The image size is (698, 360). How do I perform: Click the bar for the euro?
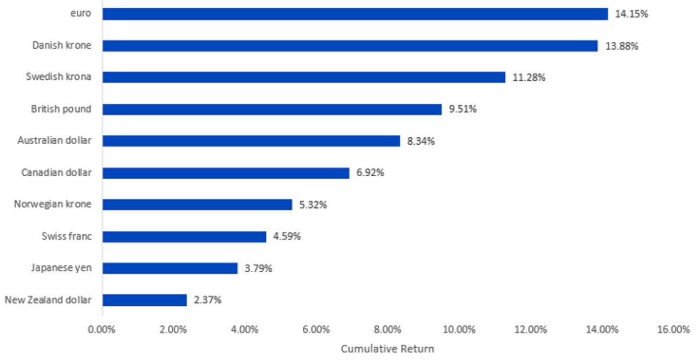[355, 14]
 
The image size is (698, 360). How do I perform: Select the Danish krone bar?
[350, 46]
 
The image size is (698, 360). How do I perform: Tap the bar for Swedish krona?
[304, 77]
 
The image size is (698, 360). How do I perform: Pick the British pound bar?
[272, 109]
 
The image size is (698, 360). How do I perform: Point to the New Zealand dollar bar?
[145, 300]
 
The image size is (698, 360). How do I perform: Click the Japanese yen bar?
[170, 268]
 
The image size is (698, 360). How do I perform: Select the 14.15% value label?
[631, 14]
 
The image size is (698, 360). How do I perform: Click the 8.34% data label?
[421, 141]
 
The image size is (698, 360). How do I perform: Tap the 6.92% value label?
[370, 173]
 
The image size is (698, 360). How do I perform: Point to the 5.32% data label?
[313, 205]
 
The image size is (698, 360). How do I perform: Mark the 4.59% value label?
[287, 237]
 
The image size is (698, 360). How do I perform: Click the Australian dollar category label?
[55, 141]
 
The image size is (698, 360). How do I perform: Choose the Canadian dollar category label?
[56, 172]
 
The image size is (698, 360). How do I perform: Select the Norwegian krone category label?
[53, 205]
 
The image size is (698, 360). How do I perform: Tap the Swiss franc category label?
[67, 236]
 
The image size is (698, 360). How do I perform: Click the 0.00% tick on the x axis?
[102, 330]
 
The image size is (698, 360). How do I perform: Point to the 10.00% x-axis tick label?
[459, 330]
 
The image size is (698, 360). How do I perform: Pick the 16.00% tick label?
[674, 330]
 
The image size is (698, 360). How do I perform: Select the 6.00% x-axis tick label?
[316, 330]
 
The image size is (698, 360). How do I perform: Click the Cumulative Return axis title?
[387, 349]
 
